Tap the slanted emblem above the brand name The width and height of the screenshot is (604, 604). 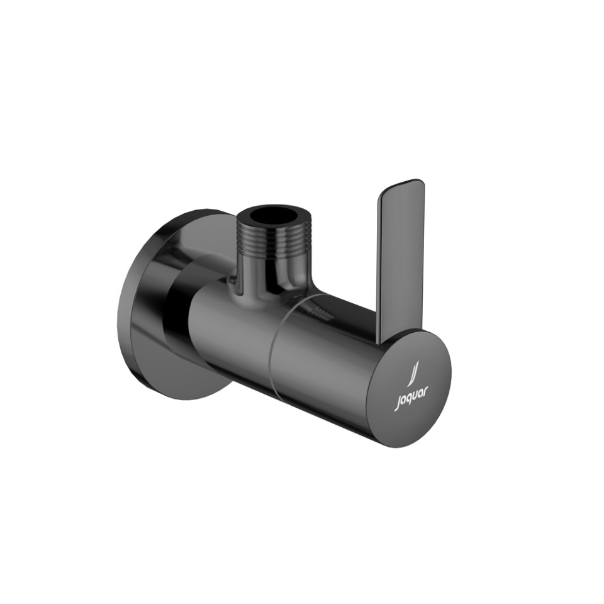click(x=413, y=373)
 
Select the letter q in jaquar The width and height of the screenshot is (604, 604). click(x=408, y=398)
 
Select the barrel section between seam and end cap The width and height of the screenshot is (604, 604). click(x=321, y=359)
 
